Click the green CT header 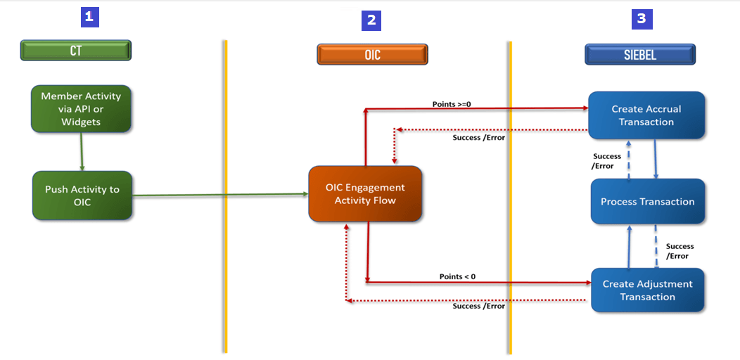76,51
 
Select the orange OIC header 372,54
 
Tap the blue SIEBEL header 640,54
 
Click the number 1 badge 89,18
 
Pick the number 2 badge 371,20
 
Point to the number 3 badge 641,19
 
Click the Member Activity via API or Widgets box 81,109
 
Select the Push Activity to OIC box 82,195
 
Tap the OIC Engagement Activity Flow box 365,194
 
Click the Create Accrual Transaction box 646,115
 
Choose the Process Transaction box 647,202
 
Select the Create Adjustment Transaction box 647,290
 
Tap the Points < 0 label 457,276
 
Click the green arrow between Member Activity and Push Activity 82,151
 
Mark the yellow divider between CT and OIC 225,197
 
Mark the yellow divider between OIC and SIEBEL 509,197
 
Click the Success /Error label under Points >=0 478,137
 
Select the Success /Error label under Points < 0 478,306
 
